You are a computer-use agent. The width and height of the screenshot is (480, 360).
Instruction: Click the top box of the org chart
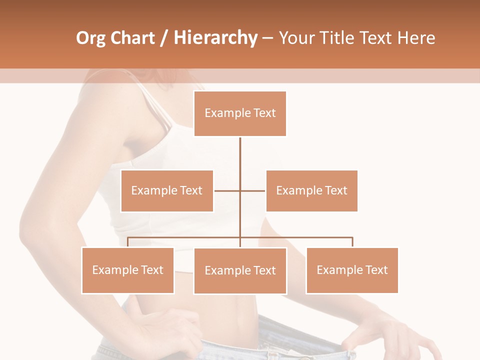tap(240, 113)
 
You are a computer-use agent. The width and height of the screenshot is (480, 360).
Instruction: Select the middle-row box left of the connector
tap(167, 190)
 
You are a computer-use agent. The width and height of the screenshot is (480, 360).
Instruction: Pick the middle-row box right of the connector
tap(311, 190)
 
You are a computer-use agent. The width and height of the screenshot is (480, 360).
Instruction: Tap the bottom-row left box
tap(128, 270)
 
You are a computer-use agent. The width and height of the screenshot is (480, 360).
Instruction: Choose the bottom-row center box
tap(240, 270)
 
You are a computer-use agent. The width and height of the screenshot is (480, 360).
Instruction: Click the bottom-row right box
tap(352, 270)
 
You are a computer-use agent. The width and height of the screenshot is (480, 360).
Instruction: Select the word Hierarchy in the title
tap(215, 38)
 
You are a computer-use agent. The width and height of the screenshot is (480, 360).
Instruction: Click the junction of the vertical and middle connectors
tap(240, 190)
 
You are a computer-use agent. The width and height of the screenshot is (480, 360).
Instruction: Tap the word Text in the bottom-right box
tap(376, 270)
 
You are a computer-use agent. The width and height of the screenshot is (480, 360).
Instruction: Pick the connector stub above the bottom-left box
tap(128, 242)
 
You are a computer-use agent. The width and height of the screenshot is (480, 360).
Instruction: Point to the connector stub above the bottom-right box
tap(352, 242)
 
